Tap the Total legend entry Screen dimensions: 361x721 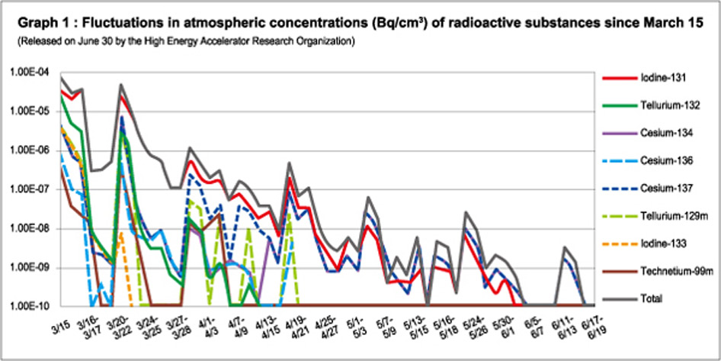coord(653,297)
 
